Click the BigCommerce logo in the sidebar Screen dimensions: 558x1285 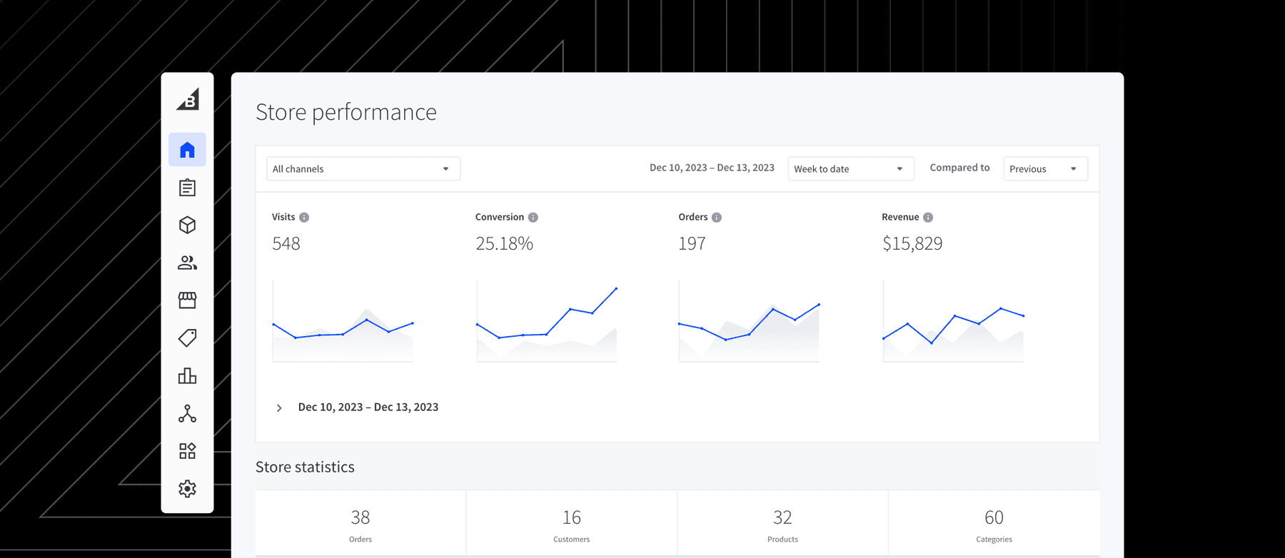188,100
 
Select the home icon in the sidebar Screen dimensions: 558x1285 187,150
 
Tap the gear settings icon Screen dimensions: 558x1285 187,489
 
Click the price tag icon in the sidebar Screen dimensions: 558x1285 187,338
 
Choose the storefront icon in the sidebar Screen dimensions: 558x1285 187,300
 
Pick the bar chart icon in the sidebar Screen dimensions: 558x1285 187,376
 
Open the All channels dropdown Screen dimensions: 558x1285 363,169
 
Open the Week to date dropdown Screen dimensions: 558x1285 850,169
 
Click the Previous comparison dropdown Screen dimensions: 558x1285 1044,169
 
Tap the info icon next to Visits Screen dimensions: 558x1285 304,218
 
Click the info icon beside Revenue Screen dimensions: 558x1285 927,218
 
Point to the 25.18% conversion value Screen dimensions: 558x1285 504,244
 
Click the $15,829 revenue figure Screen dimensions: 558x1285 912,244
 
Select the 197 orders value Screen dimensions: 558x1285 692,244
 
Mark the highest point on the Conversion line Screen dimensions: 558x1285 616,288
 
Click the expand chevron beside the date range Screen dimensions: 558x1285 279,408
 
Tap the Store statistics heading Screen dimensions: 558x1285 305,467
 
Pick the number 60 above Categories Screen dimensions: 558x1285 994,517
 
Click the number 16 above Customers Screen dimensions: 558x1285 571,517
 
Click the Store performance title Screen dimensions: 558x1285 346,113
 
